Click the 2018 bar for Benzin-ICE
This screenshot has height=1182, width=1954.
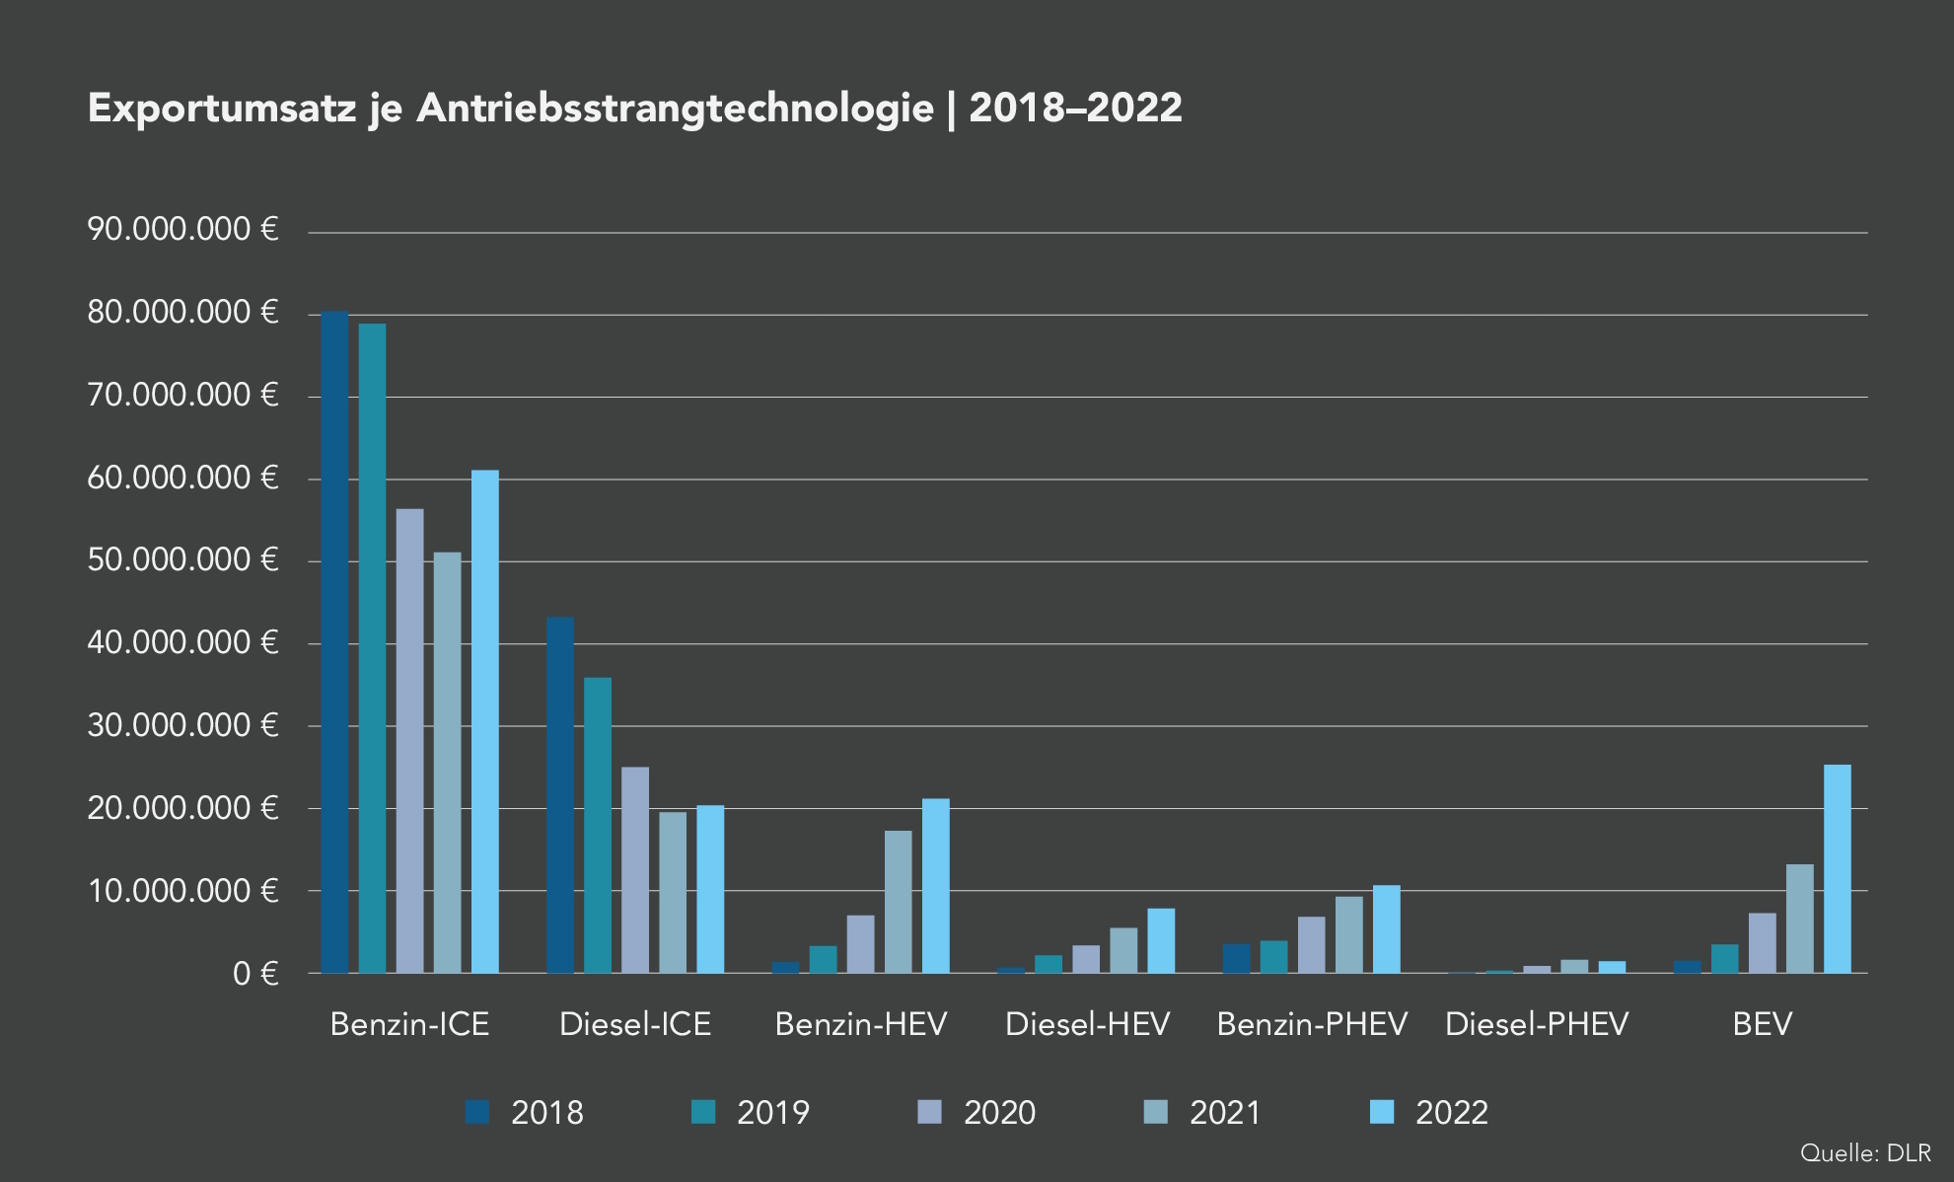click(x=334, y=642)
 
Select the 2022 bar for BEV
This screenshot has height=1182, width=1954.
click(x=1837, y=869)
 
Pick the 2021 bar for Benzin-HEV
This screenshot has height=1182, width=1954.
click(x=898, y=902)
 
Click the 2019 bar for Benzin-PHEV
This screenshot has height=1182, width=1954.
click(x=1273, y=957)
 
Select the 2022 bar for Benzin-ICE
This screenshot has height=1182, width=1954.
click(x=485, y=721)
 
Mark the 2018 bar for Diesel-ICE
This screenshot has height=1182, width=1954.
click(x=560, y=795)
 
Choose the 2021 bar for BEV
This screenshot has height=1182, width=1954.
click(x=1799, y=919)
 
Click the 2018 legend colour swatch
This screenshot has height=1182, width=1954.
click(x=477, y=1112)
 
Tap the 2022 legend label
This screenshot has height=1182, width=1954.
click(x=1451, y=1113)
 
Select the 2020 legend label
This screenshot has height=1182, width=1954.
click(x=999, y=1113)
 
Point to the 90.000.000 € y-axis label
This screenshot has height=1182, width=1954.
click(x=183, y=230)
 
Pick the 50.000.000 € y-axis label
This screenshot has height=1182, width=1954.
click(x=183, y=560)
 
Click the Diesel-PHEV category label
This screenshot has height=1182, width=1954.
click(x=1537, y=1024)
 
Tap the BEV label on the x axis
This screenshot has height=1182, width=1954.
click(x=1762, y=1024)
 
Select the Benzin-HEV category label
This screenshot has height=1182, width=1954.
click(x=860, y=1024)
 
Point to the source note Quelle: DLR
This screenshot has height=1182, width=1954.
click(x=1864, y=1152)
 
